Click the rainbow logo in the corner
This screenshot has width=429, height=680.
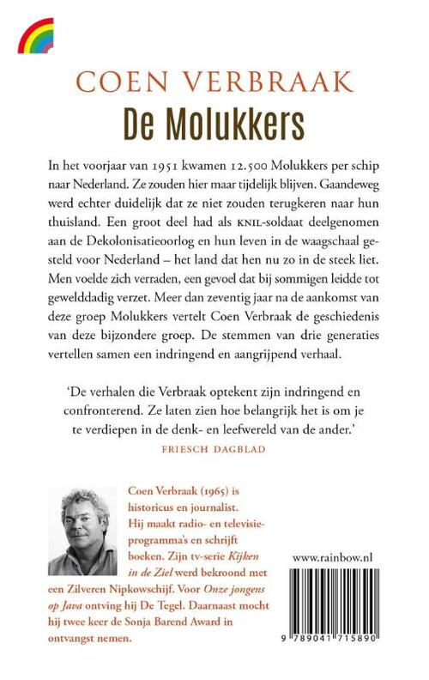point(35,35)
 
